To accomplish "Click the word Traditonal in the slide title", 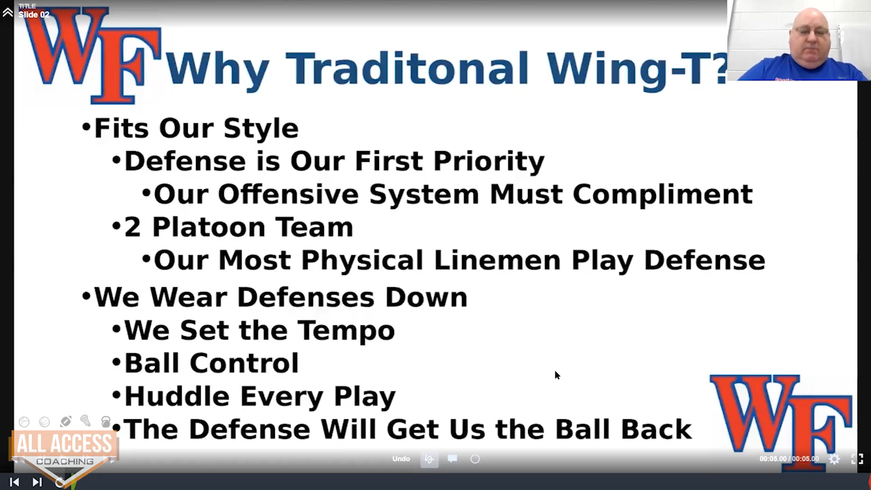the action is [x=408, y=69].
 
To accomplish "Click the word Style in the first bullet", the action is [x=261, y=129].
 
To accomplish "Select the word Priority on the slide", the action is [x=489, y=161].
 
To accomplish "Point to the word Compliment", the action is [x=663, y=195].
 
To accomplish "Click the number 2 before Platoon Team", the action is [x=132, y=227].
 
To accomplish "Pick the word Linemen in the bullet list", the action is [x=497, y=260].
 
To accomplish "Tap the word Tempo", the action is [x=346, y=331].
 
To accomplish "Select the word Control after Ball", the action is [x=244, y=363].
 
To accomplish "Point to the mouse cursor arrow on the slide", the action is [x=557, y=375].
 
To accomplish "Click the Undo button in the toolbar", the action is [x=401, y=459].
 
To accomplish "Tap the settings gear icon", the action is [x=834, y=459].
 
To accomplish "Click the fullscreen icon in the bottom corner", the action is [x=857, y=459].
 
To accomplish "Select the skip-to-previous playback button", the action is [x=14, y=483].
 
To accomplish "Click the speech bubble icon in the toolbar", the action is [x=452, y=459].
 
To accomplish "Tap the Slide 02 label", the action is [x=34, y=15].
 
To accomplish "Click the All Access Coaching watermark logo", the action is [x=64, y=453].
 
